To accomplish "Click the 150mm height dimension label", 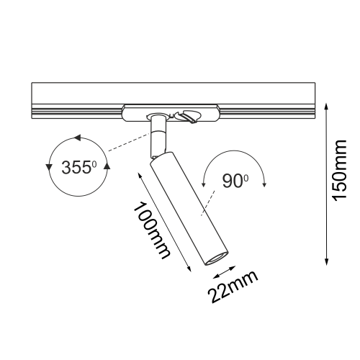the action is (x=339, y=171).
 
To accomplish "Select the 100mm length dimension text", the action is (x=151, y=230).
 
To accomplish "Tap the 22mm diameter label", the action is (x=233, y=287).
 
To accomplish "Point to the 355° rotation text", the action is (x=79, y=167).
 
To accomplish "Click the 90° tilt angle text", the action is (x=235, y=181).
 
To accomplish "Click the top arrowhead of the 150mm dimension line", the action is (x=326, y=107).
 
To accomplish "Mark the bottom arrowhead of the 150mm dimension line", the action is (x=326, y=262).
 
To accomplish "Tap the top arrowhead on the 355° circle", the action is (x=78, y=138).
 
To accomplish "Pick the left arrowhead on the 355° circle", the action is (x=49, y=168).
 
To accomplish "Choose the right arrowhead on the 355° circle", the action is (x=107, y=166).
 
